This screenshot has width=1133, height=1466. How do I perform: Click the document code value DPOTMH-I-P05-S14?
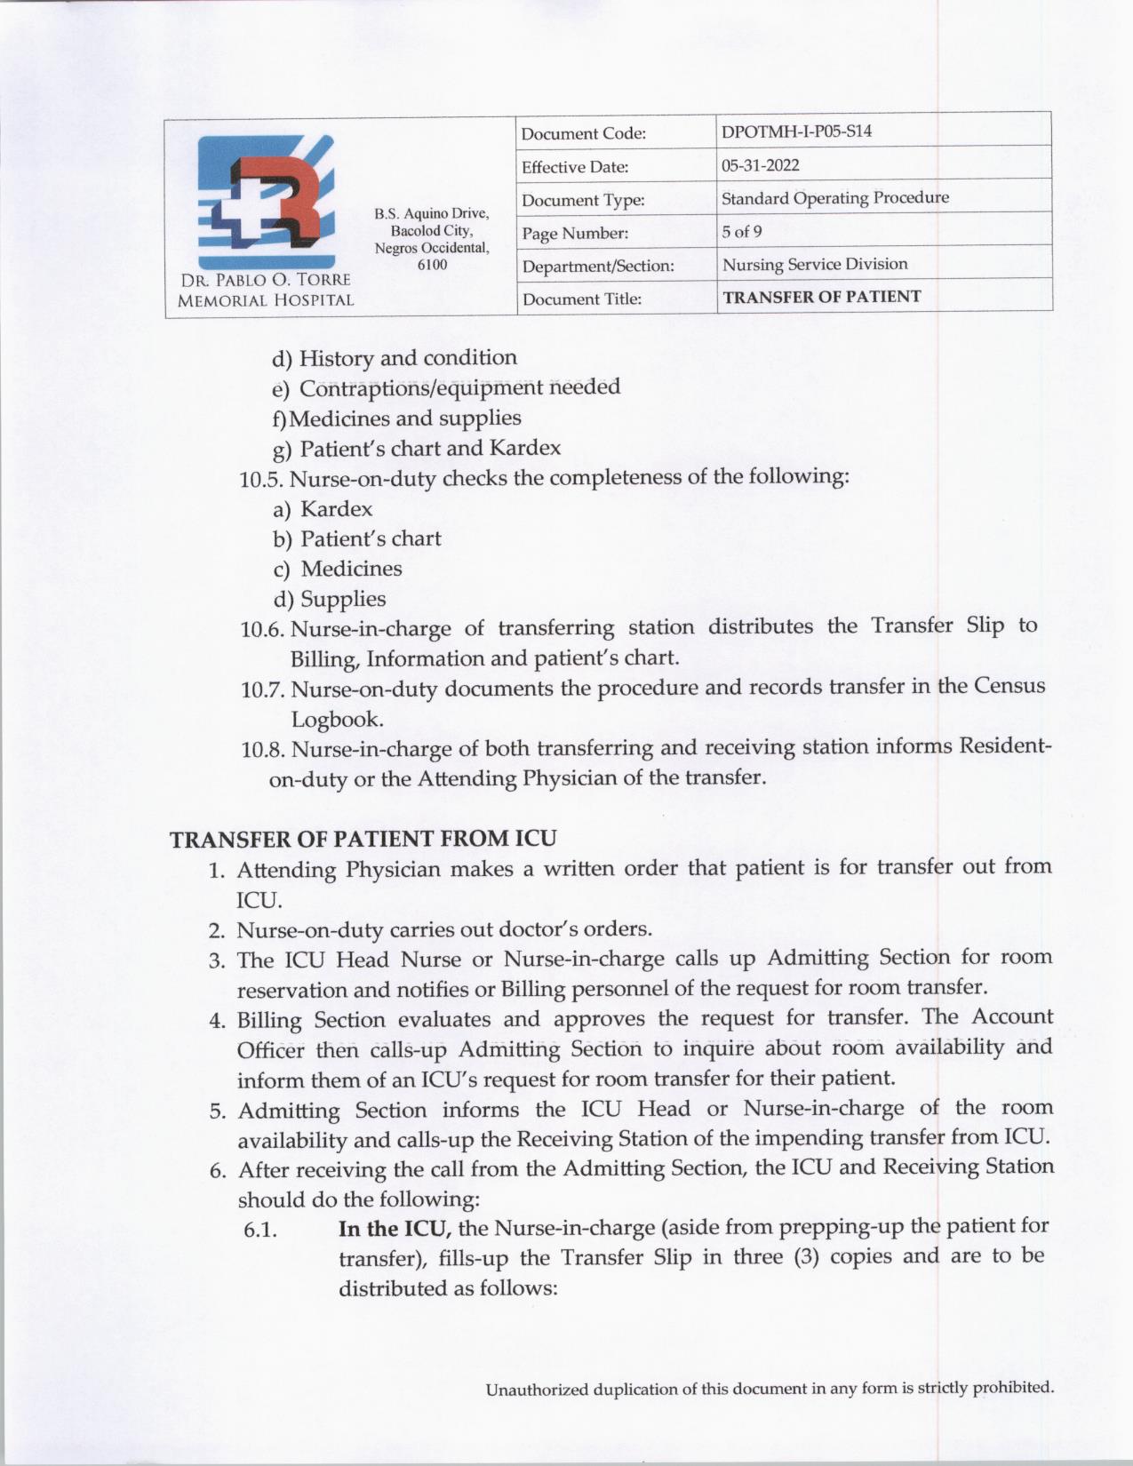coord(795,131)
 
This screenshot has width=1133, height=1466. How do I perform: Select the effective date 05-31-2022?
coord(760,165)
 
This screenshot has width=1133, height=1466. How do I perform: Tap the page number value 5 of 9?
coord(741,232)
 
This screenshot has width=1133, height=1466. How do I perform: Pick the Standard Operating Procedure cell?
coord(834,198)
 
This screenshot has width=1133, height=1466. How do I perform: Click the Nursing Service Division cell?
coord(814,264)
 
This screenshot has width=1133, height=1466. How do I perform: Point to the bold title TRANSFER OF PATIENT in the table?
coord(821,297)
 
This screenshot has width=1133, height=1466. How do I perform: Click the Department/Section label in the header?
coord(597,266)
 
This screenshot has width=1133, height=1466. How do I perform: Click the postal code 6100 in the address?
coord(432,265)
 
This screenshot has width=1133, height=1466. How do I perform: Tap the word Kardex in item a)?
coord(336,509)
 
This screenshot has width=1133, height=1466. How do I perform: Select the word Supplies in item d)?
coord(343,599)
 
